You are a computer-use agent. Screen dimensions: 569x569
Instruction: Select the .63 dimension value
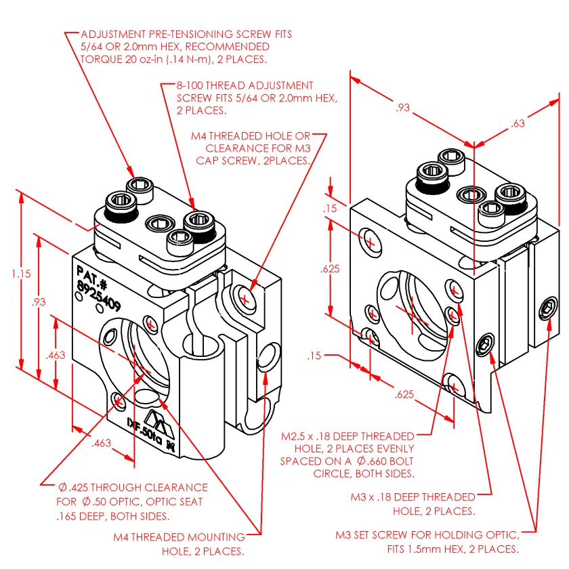[518, 124]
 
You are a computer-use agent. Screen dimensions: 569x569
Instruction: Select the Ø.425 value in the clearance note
[72, 488]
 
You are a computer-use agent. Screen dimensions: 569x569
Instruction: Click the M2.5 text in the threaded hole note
[296, 436]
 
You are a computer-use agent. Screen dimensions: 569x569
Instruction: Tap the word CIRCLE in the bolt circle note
[333, 473]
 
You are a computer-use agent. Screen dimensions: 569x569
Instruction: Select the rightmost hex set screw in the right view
[547, 311]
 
